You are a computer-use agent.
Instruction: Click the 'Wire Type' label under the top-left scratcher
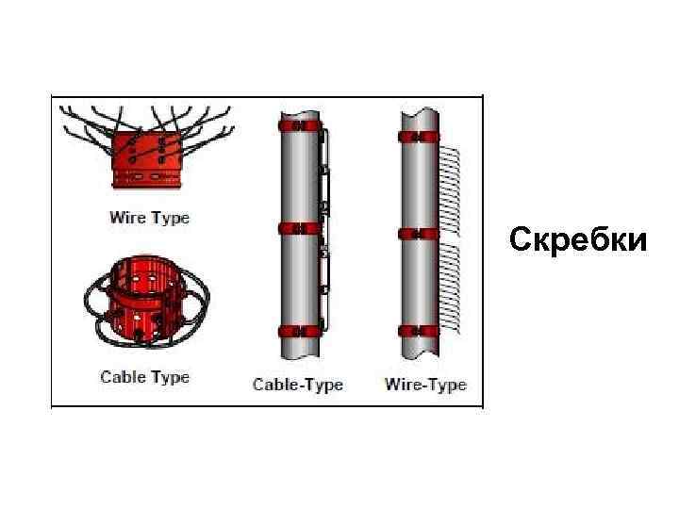click(x=149, y=218)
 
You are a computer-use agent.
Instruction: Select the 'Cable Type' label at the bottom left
click(x=144, y=377)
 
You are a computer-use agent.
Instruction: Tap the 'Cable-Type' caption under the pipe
click(x=298, y=385)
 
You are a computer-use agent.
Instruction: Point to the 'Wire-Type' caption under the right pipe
click(x=425, y=385)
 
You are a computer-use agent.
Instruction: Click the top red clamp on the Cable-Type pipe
click(x=298, y=124)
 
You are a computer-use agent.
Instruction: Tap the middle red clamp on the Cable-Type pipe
click(x=298, y=228)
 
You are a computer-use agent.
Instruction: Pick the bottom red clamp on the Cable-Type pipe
click(x=298, y=331)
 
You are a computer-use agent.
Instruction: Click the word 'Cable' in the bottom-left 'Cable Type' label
click(x=122, y=377)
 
